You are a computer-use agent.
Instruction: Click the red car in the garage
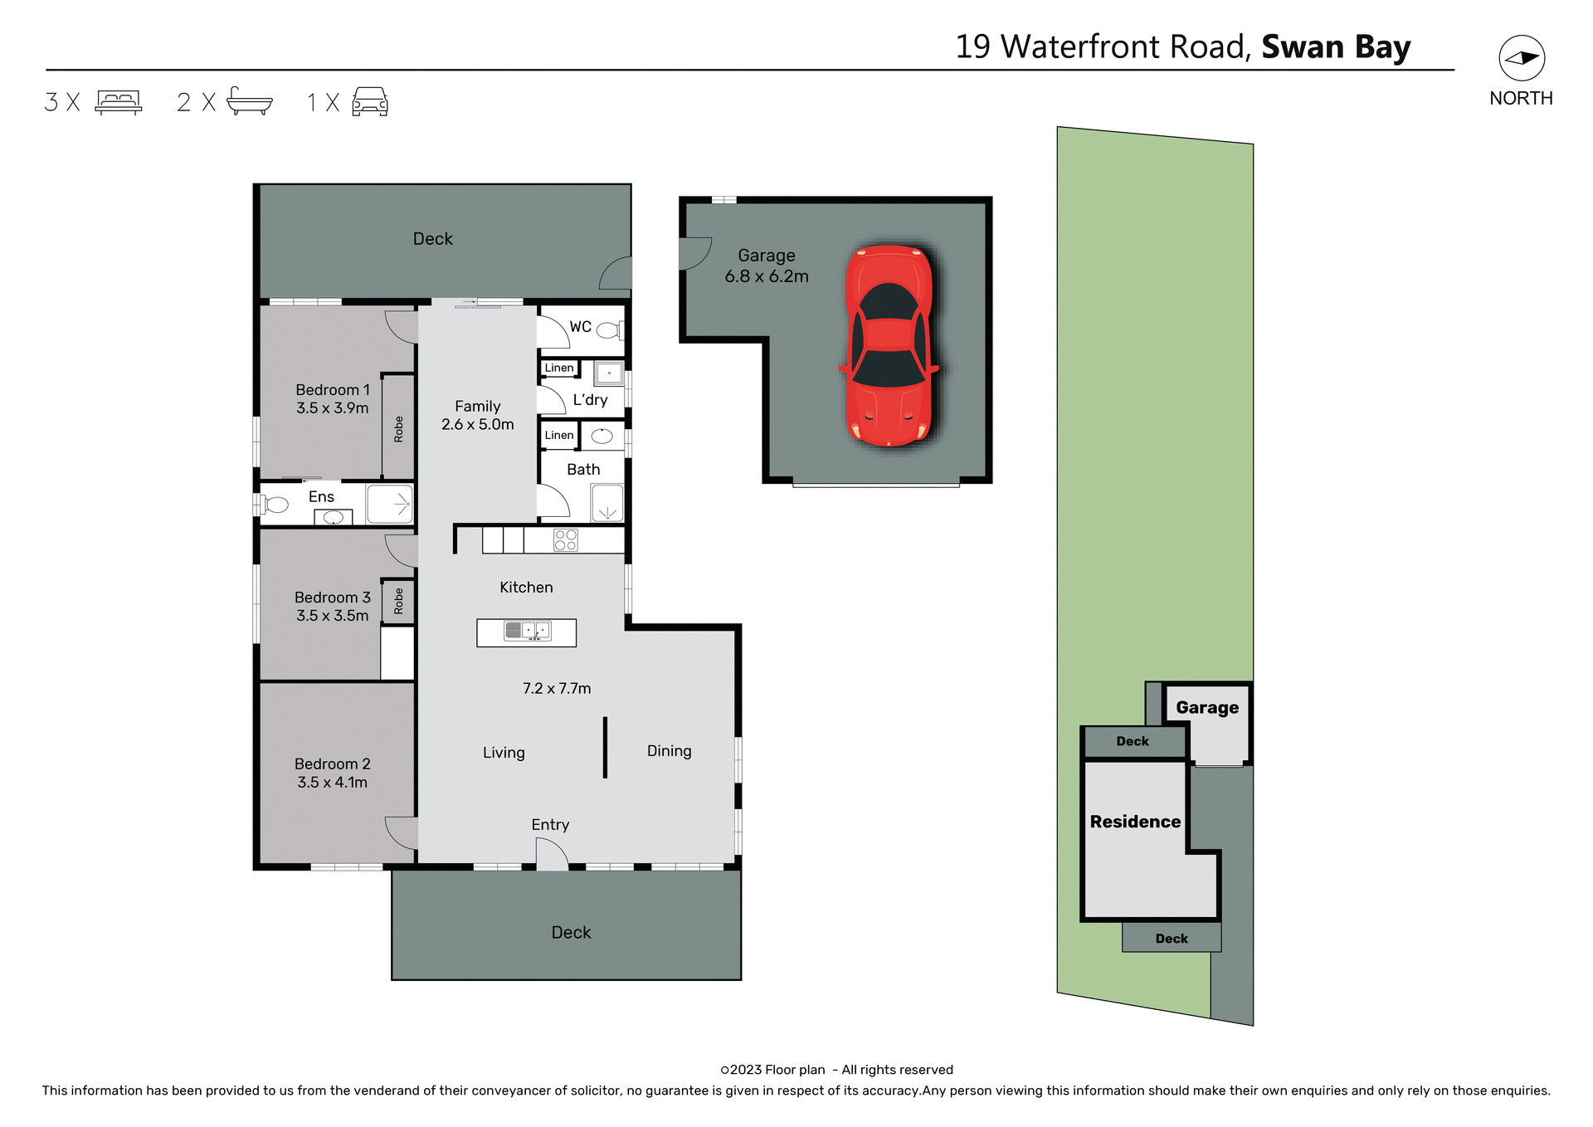pyautogui.click(x=889, y=344)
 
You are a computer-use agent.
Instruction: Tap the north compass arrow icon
pyautogui.click(x=1521, y=58)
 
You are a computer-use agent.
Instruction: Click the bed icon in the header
pyautogui.click(x=119, y=101)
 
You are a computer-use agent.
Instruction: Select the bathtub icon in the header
pyautogui.click(x=249, y=101)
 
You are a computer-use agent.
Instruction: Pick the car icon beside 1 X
pyautogui.click(x=370, y=101)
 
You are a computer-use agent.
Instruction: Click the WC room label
pyautogui.click(x=580, y=326)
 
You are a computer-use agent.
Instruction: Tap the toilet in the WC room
pyautogui.click(x=610, y=330)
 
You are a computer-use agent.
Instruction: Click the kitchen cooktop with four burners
pyautogui.click(x=565, y=540)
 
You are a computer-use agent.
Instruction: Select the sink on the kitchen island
pyautogui.click(x=527, y=631)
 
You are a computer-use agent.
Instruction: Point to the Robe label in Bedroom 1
pyautogui.click(x=398, y=428)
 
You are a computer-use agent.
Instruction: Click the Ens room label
pyautogui.click(x=321, y=496)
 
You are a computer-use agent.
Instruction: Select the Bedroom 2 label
pyautogui.click(x=332, y=764)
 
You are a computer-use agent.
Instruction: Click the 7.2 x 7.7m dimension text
pyautogui.click(x=556, y=688)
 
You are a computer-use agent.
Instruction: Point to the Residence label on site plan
pyautogui.click(x=1134, y=822)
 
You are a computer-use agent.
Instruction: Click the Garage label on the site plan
pyautogui.click(x=1206, y=707)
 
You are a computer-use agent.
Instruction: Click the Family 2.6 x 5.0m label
pyautogui.click(x=477, y=415)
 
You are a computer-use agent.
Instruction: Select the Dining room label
pyautogui.click(x=669, y=750)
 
